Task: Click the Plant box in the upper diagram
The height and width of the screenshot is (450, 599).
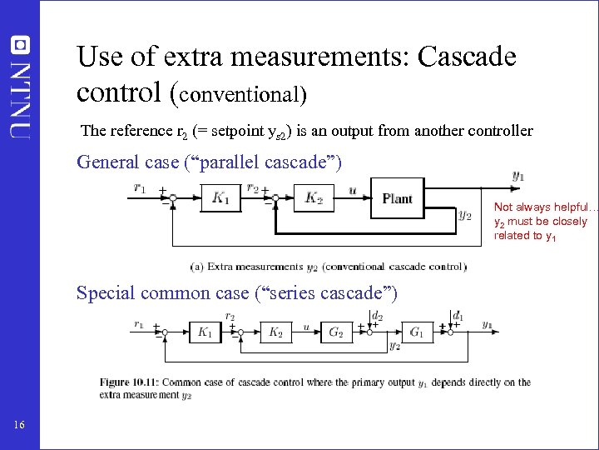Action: click(398, 198)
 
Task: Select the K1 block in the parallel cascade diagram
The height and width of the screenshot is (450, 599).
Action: click(220, 197)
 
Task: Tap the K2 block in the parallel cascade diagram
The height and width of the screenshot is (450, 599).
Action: click(314, 197)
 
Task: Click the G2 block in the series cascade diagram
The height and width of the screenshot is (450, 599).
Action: click(335, 332)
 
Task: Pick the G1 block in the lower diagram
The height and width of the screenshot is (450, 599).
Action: click(417, 332)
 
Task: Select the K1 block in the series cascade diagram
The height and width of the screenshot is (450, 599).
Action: click(205, 332)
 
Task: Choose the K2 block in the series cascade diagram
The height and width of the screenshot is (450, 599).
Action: click(275, 332)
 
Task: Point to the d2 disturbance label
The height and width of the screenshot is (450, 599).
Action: click(377, 316)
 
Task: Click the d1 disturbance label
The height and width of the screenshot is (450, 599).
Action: click(458, 316)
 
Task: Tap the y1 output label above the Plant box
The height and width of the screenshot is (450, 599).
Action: click(518, 176)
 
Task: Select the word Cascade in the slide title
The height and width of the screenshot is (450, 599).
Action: click(468, 57)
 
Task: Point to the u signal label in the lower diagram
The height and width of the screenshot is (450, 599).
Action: click(306, 327)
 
